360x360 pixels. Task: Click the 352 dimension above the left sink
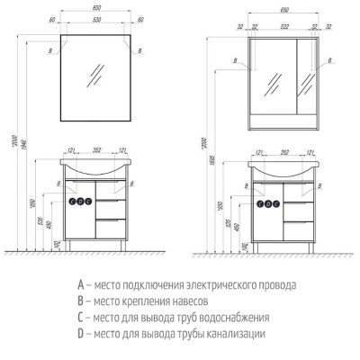[x=94, y=150]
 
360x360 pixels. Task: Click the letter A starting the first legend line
[x=82, y=286]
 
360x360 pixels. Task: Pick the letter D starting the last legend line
[x=82, y=334]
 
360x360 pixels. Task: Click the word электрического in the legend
[x=211, y=286]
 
